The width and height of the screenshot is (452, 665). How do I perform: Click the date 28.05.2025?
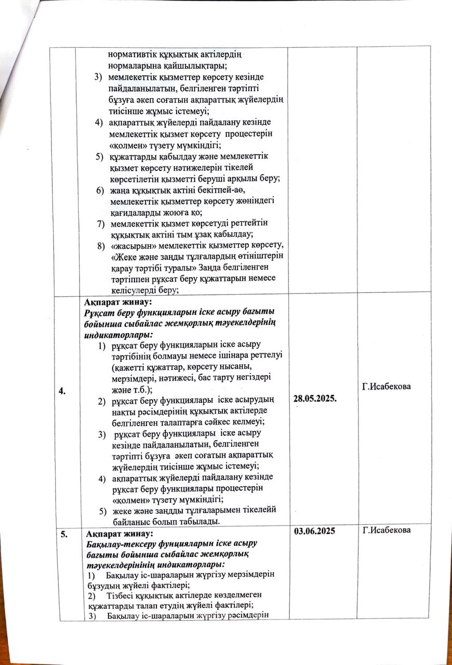point(317,398)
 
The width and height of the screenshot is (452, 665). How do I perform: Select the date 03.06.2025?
point(314,531)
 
